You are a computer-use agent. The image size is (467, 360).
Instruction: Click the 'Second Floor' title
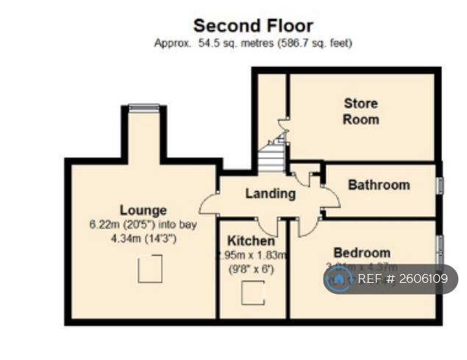click(252, 27)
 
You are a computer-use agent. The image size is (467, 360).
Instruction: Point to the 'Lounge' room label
click(143, 210)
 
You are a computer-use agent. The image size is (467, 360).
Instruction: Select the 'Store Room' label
click(361, 111)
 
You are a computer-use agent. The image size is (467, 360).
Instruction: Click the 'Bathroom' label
click(379, 184)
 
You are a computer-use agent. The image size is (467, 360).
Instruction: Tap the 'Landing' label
click(270, 194)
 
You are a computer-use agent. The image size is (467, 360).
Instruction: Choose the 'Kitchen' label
click(251, 241)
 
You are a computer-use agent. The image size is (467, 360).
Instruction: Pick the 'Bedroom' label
click(361, 252)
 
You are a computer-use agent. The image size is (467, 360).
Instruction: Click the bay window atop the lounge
click(143, 107)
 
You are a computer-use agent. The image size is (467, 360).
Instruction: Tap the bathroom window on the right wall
click(440, 185)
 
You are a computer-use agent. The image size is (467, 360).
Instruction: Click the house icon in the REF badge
click(339, 279)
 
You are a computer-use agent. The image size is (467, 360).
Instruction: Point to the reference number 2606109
click(422, 279)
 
